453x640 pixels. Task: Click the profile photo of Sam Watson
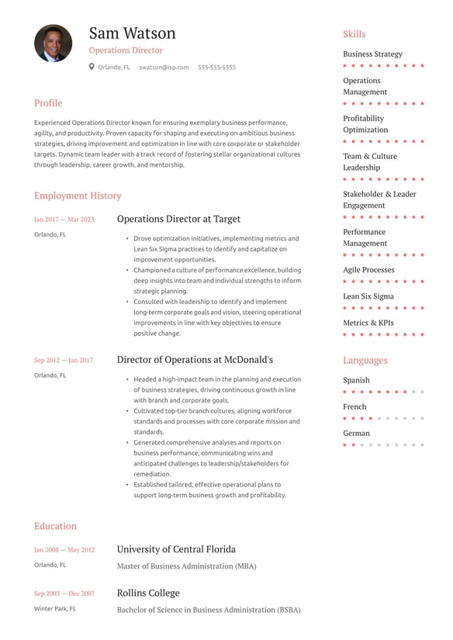click(x=54, y=43)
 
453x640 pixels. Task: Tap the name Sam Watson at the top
click(x=132, y=33)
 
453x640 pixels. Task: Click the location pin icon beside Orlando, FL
click(x=92, y=67)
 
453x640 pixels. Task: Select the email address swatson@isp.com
click(x=164, y=67)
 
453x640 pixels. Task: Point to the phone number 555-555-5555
click(x=216, y=67)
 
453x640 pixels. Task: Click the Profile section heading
click(x=48, y=103)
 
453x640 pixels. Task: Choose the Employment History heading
click(x=78, y=196)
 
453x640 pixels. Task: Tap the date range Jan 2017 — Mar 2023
click(x=64, y=220)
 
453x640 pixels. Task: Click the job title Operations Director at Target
click(x=178, y=220)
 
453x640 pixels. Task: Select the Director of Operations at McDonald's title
click(x=195, y=360)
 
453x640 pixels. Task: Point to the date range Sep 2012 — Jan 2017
click(x=64, y=360)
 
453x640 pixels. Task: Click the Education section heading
click(x=55, y=526)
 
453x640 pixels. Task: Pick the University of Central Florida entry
click(x=176, y=549)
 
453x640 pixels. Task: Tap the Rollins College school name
click(x=148, y=593)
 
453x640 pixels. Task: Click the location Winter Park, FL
click(x=55, y=609)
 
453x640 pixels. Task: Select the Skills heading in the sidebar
click(x=354, y=34)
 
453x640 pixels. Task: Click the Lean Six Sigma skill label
click(x=368, y=296)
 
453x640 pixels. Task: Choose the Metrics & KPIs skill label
click(x=368, y=323)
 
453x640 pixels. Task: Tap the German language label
click(x=357, y=434)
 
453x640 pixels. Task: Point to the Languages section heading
click(x=365, y=361)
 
